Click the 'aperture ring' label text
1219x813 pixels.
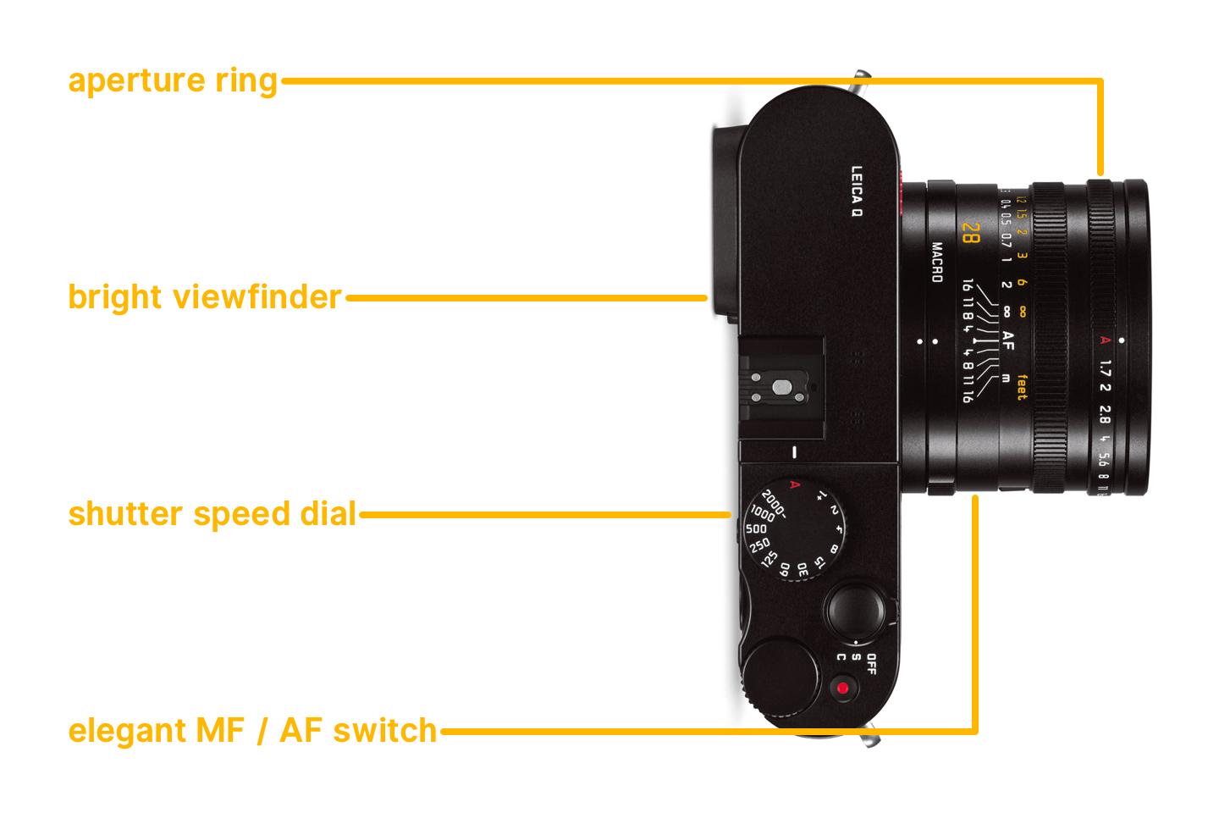pyautogui.click(x=173, y=81)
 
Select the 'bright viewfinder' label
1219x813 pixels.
pyautogui.click(x=205, y=297)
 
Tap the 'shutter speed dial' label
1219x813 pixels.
pyautogui.click(x=212, y=514)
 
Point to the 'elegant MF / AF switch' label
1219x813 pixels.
pyautogui.click(x=252, y=730)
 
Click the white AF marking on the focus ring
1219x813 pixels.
pyautogui.click(x=1007, y=340)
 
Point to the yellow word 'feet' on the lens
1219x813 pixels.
pyautogui.click(x=1022, y=386)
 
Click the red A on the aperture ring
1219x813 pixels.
pyautogui.click(x=1102, y=341)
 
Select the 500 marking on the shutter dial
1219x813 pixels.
pyautogui.click(x=756, y=528)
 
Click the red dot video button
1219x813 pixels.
pyautogui.click(x=841, y=688)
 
